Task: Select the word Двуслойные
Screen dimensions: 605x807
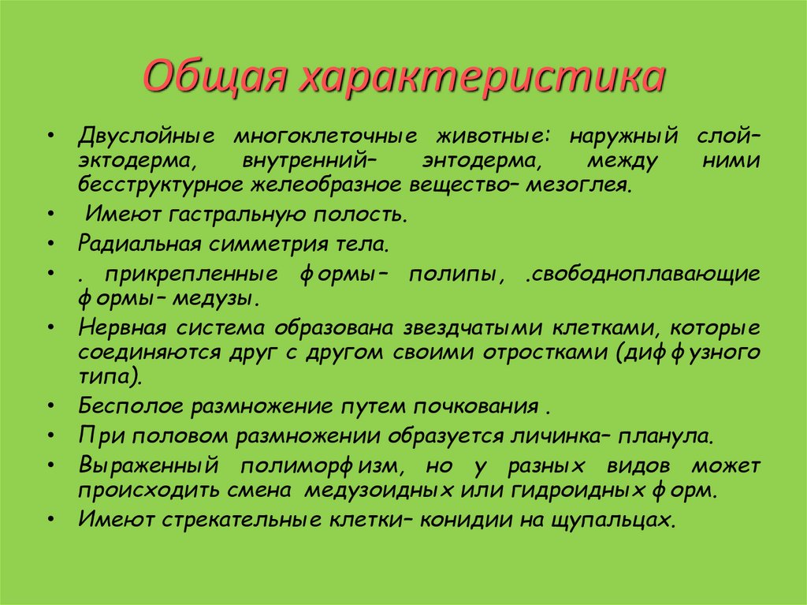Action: (x=145, y=136)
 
